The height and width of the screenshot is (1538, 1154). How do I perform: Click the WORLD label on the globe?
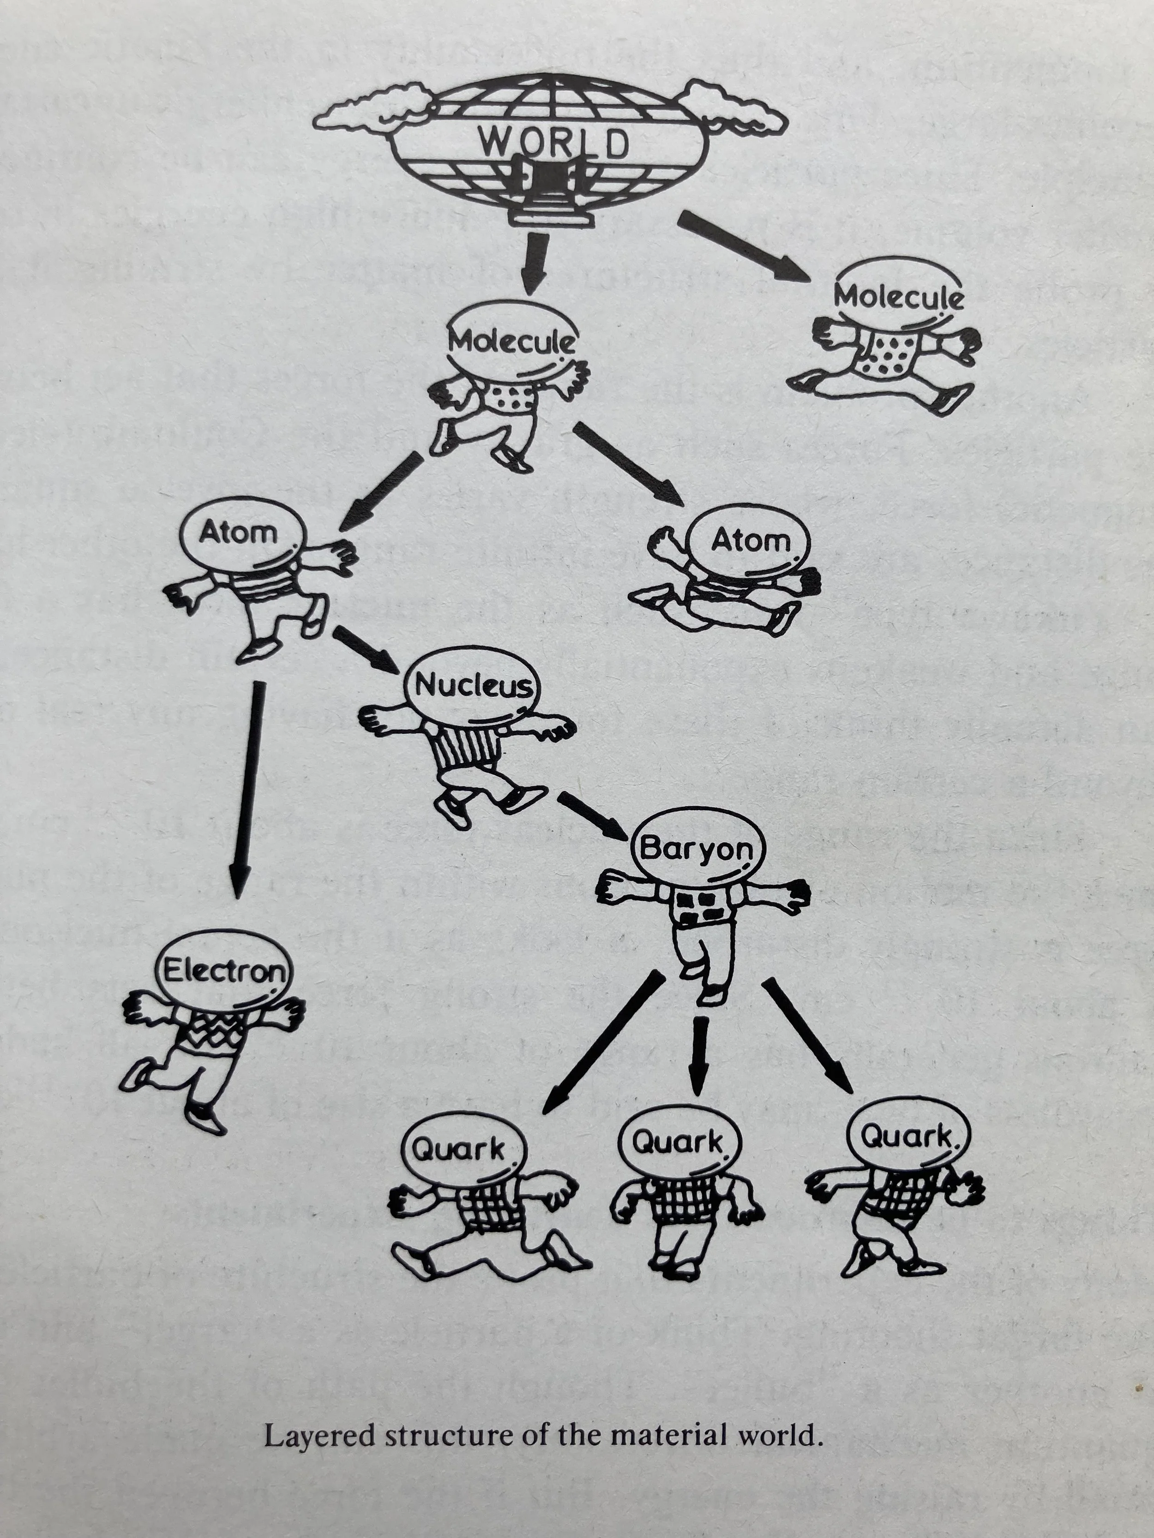pyautogui.click(x=553, y=143)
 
